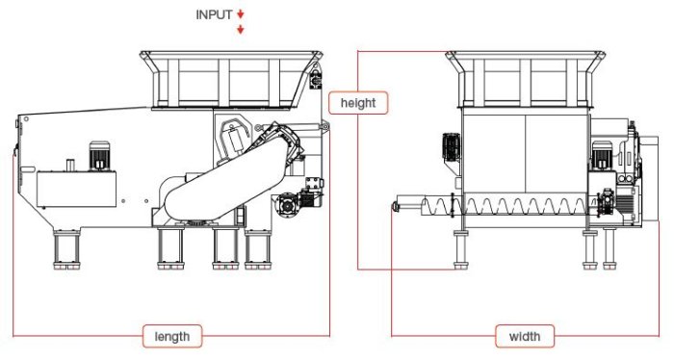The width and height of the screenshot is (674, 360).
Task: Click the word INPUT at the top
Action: [214, 14]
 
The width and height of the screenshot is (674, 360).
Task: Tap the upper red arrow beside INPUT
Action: [241, 14]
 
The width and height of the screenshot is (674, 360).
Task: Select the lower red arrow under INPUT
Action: [241, 29]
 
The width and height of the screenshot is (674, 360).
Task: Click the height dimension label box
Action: [358, 103]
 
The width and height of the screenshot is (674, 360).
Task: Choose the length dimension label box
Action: [172, 336]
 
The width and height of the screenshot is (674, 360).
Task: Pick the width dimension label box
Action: [525, 336]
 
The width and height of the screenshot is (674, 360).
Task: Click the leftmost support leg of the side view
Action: [66, 249]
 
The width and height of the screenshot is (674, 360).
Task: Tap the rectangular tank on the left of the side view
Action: [76, 189]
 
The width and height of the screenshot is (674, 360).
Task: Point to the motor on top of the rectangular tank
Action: [99, 156]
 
